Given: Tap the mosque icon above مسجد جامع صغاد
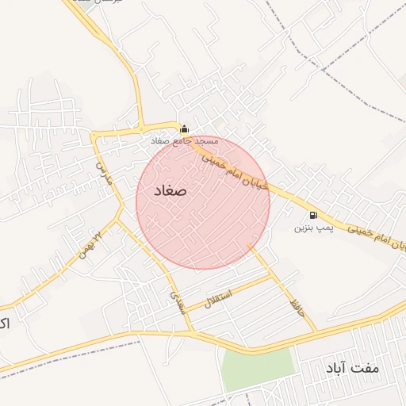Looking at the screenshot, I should [185, 128].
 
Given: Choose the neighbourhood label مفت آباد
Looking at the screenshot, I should [353, 369].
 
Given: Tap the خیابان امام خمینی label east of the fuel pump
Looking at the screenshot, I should [377, 236].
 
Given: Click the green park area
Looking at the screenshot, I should [257, 369].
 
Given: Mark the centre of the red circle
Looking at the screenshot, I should [203, 202].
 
